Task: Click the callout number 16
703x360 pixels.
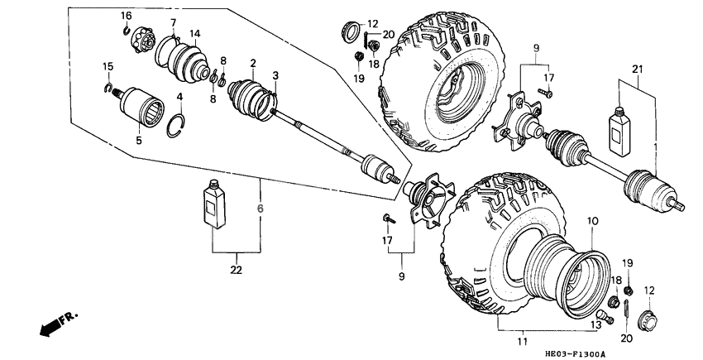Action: [x=127, y=17]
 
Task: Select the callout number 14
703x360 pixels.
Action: [x=195, y=34]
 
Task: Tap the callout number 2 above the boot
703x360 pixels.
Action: [x=252, y=63]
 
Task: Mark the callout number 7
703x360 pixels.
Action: [x=173, y=22]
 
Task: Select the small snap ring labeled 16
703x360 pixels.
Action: [x=126, y=31]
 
